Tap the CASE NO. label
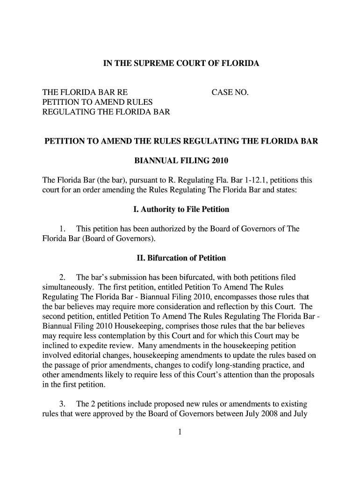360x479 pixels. point(230,93)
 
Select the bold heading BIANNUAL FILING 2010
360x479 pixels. point(181,161)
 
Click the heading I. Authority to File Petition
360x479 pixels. point(181,209)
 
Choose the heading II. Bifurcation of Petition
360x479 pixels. point(181,258)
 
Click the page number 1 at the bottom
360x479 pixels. point(180,432)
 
